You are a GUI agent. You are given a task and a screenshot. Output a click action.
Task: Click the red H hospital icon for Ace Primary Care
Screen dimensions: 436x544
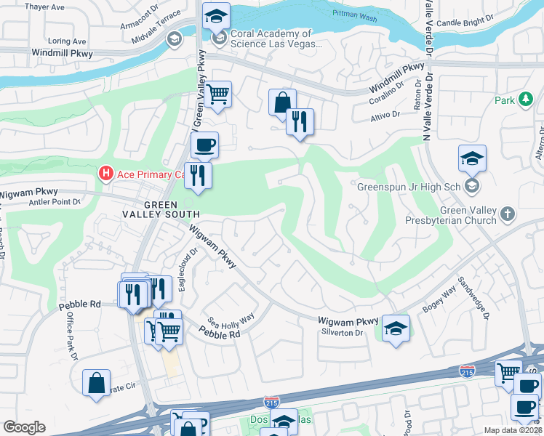pos(106,174)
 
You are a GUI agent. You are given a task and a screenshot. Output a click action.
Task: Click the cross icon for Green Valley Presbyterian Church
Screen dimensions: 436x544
pos(508,214)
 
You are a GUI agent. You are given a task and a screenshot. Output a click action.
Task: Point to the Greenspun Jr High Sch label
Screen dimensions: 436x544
pos(409,187)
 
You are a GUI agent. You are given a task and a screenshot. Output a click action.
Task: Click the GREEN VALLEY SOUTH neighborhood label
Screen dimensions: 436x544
pos(161,209)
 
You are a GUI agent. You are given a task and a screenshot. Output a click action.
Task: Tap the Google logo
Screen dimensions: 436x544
pos(24,427)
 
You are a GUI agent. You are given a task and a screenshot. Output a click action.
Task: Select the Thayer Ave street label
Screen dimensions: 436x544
pos(45,7)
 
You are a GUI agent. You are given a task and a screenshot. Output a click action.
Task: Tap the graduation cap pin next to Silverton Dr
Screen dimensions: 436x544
pos(396,328)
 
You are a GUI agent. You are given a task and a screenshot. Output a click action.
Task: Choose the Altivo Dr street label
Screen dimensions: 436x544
pos(386,115)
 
